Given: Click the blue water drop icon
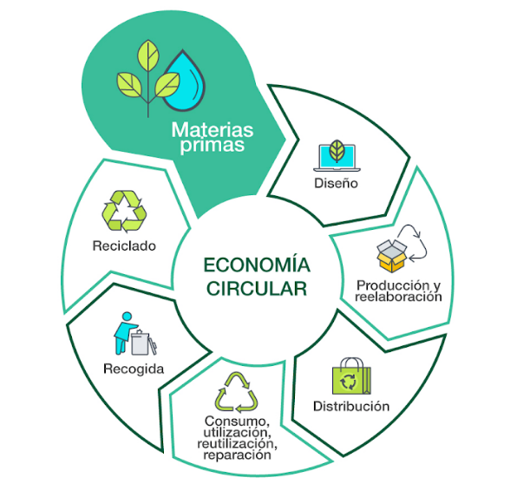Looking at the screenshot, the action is (x=185, y=82).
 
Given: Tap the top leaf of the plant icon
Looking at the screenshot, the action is (x=148, y=56).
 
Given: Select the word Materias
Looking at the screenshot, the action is (x=213, y=130).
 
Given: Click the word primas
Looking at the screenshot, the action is (x=213, y=145).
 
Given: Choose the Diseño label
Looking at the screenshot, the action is (x=336, y=183).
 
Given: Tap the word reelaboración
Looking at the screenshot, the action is (x=398, y=297).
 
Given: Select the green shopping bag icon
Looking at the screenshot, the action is (x=351, y=376).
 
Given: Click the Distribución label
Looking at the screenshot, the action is (x=351, y=406).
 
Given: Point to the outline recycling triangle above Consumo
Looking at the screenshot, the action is (x=237, y=393).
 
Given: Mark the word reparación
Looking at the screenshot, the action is (x=237, y=455).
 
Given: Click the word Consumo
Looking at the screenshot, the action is (x=237, y=422).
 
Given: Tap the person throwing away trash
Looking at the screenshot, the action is (x=125, y=333).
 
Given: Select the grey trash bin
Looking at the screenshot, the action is (x=141, y=343).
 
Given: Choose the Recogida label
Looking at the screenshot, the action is (x=134, y=369).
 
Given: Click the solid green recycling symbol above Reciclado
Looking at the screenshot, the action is (x=124, y=211).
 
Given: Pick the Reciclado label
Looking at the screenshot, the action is (x=124, y=246).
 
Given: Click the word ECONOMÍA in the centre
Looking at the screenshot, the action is (x=257, y=265).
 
